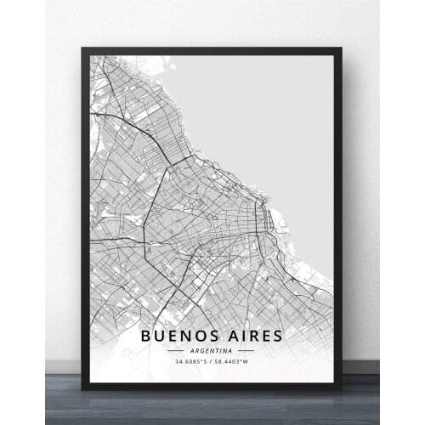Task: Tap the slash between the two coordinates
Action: point(212,363)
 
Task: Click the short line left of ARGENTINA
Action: point(176,350)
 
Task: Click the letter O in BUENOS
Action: point(195,337)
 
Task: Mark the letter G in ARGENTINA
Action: point(202,350)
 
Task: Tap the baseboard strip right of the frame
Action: point(360,366)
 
